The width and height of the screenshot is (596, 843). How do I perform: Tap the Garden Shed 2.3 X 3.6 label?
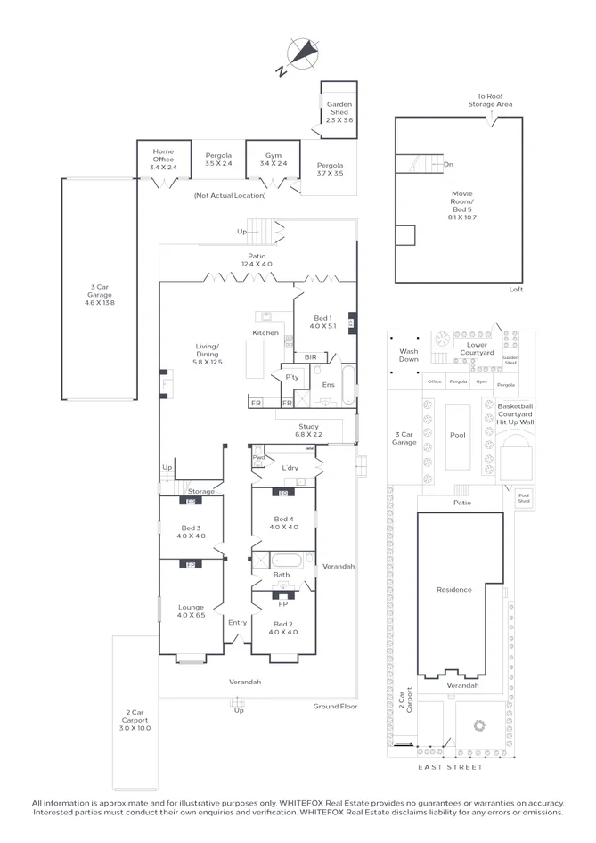click(339, 112)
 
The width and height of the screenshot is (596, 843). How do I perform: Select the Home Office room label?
click(163, 159)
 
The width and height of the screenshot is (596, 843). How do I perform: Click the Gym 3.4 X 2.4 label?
click(273, 160)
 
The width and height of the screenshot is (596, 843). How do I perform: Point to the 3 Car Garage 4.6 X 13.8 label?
click(100, 295)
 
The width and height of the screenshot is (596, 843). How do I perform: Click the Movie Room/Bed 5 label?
click(461, 205)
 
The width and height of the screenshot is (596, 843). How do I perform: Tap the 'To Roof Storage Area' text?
click(490, 101)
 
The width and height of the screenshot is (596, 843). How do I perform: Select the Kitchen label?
click(265, 333)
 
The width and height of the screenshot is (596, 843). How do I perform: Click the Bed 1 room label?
click(323, 323)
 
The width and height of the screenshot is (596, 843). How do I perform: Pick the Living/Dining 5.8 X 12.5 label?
click(207, 355)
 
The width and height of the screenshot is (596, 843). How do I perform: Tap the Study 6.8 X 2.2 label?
click(308, 430)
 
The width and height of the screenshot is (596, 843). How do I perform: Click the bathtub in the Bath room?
click(288, 561)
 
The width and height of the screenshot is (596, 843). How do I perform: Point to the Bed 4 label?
click(283, 523)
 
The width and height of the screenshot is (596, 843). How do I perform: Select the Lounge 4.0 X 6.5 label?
click(191, 611)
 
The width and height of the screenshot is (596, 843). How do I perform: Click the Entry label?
click(237, 622)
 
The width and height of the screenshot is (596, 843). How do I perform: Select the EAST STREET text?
click(450, 767)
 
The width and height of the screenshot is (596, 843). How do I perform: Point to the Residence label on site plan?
click(453, 590)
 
